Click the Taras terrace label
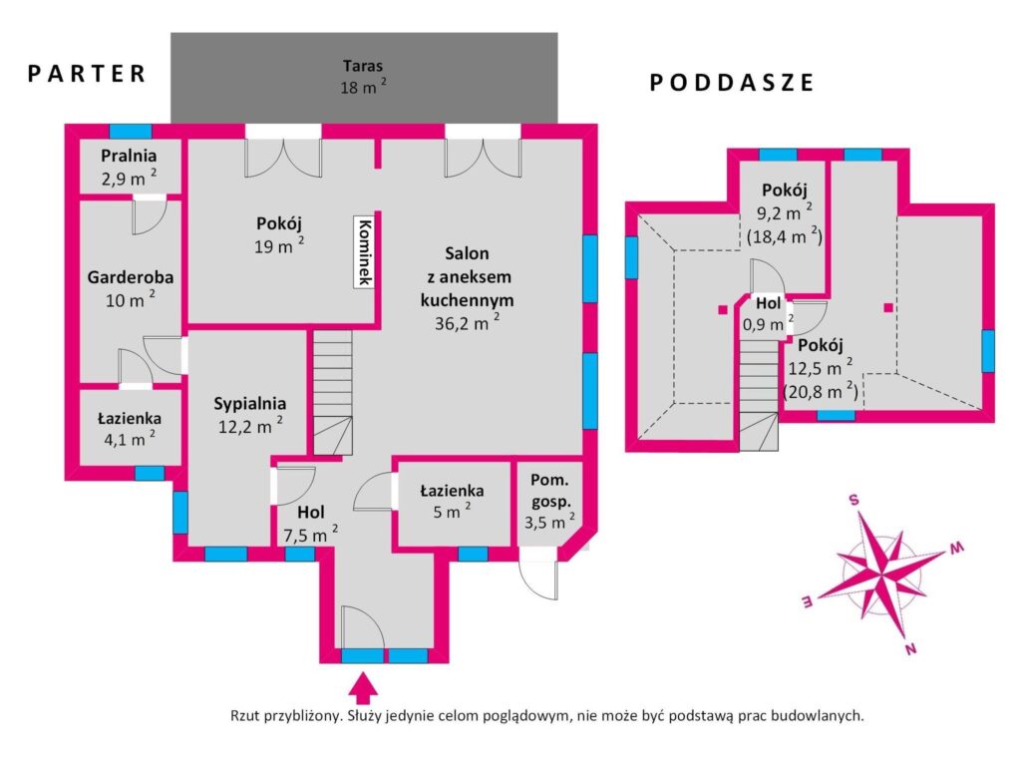pyautogui.click(x=363, y=66)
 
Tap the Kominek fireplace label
pyautogui.click(x=365, y=250)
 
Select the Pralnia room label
pyautogui.click(x=129, y=156)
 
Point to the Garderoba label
pyautogui.click(x=131, y=277)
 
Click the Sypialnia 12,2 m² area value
pyautogui.click(x=250, y=426)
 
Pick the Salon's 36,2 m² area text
pyautogui.click(x=467, y=322)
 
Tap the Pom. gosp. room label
pyautogui.click(x=550, y=491)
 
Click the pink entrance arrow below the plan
pyautogui.click(x=363, y=687)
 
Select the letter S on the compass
pyautogui.click(x=853, y=501)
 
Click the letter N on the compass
pyautogui.click(x=911, y=648)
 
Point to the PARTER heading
pyautogui.click(x=87, y=74)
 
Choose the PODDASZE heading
pyautogui.click(x=732, y=83)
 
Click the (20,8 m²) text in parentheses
pyautogui.click(x=820, y=391)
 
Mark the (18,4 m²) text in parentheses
pyautogui.click(x=784, y=235)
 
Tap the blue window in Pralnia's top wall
pyautogui.click(x=131, y=131)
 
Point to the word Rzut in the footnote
pyautogui.click(x=245, y=716)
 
